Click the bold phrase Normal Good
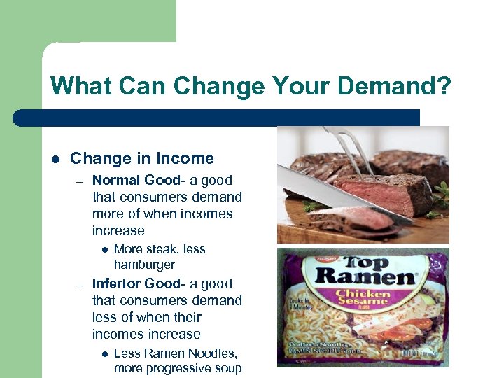click(136, 180)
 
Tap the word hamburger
click(144, 265)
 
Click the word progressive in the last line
click(181, 368)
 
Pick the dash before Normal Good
click(80, 181)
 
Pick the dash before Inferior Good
click(80, 285)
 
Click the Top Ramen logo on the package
click(363, 271)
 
